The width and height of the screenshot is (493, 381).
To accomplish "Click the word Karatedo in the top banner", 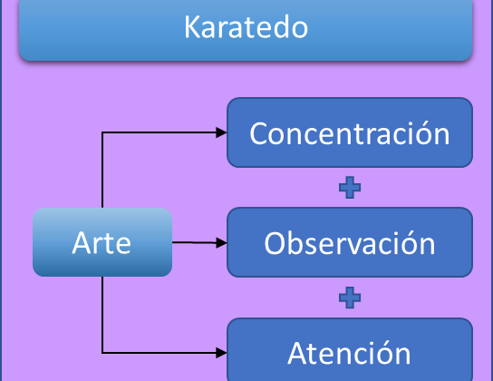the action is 246,27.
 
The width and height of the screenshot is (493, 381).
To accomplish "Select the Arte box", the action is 102,242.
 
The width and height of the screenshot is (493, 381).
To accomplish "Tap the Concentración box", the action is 350,132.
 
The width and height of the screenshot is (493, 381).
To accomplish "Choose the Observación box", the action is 350,242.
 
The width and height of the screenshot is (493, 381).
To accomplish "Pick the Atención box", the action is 350,350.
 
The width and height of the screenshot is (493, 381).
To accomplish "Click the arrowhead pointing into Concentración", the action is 221,132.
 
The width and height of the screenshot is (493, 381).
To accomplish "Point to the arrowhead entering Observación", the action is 221,242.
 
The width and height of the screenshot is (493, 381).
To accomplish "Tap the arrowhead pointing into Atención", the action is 221,353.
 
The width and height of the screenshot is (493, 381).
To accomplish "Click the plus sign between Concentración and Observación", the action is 350,188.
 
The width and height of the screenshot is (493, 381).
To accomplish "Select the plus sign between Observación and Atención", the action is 350,298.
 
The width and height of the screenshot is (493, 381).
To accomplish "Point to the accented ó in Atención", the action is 380,353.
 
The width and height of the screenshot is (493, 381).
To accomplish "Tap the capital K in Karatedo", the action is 191,27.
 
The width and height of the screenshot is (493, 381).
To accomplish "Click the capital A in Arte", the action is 81,242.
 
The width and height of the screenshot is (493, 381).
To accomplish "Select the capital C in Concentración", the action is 259,133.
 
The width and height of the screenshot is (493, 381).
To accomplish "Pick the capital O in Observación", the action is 275,243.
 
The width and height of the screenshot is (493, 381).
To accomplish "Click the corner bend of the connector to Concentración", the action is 102,132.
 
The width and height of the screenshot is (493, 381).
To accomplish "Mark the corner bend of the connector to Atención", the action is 102,353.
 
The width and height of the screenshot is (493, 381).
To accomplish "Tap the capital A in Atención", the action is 297,353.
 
